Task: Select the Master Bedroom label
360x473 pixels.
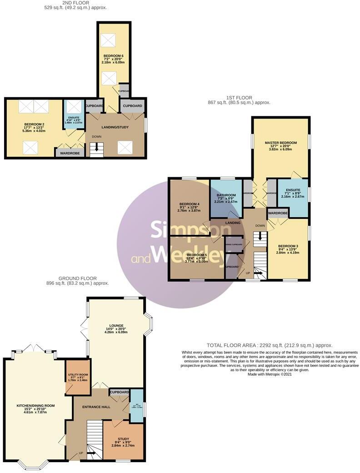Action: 280,143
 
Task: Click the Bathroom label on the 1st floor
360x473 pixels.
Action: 226,195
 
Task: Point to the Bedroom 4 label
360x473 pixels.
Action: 189,204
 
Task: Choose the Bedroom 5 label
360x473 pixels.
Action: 197,255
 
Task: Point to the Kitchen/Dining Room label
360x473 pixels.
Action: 36,405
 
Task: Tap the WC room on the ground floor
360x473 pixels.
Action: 137,406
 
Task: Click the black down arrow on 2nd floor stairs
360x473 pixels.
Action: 96,148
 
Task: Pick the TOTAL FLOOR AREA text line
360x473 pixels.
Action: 269,345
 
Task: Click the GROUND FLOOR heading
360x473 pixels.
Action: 77,278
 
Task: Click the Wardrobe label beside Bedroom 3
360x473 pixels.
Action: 278,213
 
